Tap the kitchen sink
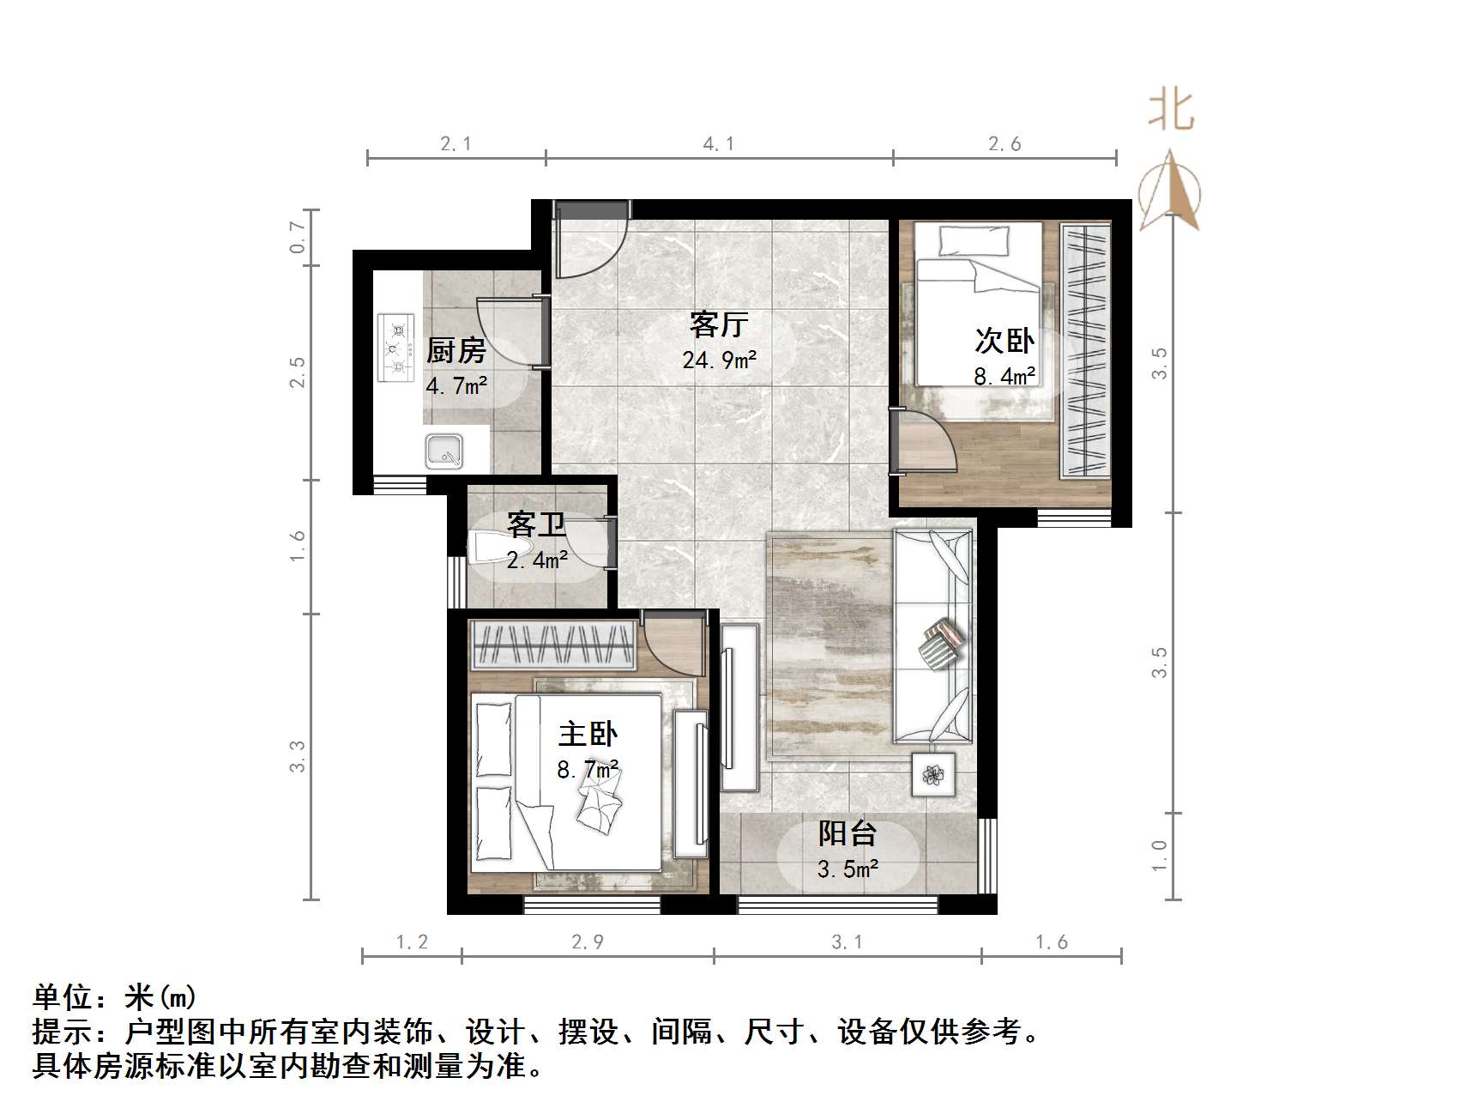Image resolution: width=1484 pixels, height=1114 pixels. click(444, 451)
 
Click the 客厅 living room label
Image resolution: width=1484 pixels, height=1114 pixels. click(719, 324)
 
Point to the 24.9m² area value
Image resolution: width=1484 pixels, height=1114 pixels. click(719, 360)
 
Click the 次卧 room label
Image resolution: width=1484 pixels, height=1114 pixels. click(1004, 341)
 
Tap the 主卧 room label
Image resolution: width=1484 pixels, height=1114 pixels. click(588, 734)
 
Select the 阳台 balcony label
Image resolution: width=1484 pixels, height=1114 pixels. click(847, 833)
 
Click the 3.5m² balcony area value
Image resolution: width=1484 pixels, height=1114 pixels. click(847, 869)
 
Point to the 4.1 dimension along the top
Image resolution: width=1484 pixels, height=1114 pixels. click(719, 143)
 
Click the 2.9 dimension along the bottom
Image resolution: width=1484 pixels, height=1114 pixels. click(588, 942)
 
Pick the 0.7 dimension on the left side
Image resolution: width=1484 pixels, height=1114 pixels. click(298, 237)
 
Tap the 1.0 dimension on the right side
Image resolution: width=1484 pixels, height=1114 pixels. click(1160, 856)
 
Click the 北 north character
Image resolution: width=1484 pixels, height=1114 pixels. click(1171, 111)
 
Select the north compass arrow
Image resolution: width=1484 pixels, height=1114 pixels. click(1170, 192)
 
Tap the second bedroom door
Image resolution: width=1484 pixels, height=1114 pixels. click(925, 442)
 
